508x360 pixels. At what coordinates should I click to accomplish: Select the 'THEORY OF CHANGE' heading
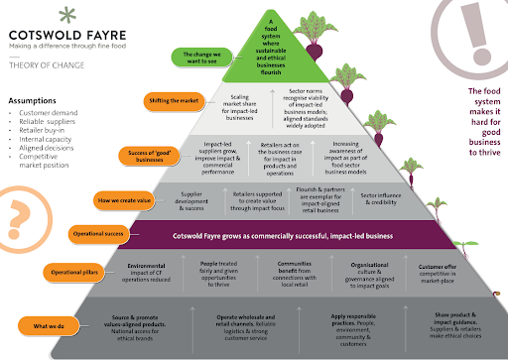[41, 70]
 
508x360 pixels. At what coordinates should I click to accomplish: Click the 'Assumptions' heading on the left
[32, 100]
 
